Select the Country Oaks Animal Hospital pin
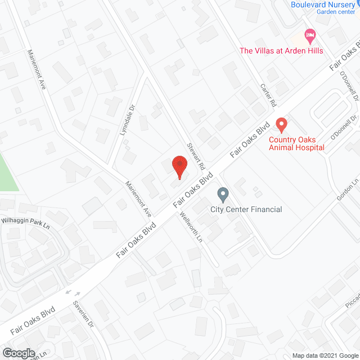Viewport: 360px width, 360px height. pyautogui.click(x=282, y=124)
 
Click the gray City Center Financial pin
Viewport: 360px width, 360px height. pyautogui.click(x=223, y=195)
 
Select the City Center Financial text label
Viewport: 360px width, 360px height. pyautogui.click(x=246, y=210)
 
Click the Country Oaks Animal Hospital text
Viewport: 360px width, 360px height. pyautogui.click(x=296, y=143)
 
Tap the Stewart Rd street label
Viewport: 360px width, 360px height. pyautogui.click(x=195, y=150)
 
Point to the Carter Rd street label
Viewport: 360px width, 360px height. pyautogui.click(x=268, y=96)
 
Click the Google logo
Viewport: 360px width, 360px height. pyautogui.click(x=18, y=353)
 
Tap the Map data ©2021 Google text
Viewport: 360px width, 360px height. pyautogui.click(x=324, y=355)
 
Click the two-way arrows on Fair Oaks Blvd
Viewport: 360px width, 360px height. pyautogui.click(x=73, y=292)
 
